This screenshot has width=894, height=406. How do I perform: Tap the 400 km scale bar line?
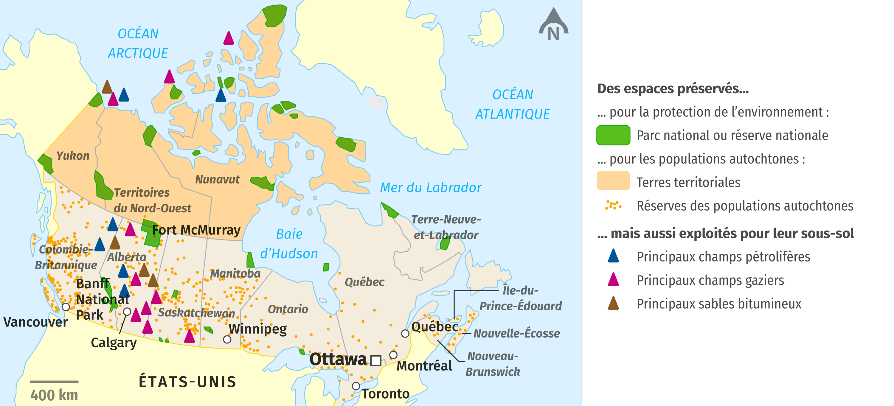click(x=54, y=381)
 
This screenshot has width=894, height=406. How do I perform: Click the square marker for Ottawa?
click(x=375, y=360)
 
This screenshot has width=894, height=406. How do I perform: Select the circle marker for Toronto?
click(x=356, y=386)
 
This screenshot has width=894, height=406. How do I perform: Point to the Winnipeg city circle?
click(x=227, y=339)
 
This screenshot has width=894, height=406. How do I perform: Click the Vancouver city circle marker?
click(x=66, y=307)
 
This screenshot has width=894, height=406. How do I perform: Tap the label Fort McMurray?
click(x=196, y=230)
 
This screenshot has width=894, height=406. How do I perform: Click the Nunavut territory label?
click(x=217, y=179)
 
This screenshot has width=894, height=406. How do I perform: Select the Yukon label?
click(x=73, y=156)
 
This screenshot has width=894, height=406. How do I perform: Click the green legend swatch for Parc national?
click(x=613, y=135)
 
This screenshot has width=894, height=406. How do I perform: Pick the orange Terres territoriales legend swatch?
click(x=613, y=181)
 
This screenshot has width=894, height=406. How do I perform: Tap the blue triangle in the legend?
click(x=613, y=256)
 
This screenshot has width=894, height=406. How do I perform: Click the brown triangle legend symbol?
click(x=613, y=303)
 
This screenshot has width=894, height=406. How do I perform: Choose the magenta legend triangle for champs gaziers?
click(x=613, y=280)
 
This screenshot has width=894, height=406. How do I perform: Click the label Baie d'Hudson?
click(x=289, y=244)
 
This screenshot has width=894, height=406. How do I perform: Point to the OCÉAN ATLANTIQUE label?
click(x=512, y=104)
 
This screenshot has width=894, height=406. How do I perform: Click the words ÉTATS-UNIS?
click(x=187, y=382)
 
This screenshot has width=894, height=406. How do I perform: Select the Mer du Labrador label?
click(x=431, y=188)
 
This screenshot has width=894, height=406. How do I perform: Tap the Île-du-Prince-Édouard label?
click(x=520, y=298)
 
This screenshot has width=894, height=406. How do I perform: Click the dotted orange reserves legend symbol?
click(x=613, y=206)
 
